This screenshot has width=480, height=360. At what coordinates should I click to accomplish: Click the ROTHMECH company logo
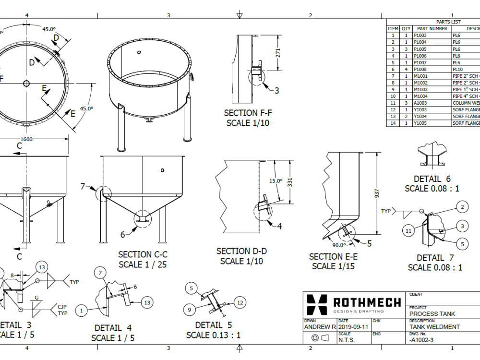pos(354,303)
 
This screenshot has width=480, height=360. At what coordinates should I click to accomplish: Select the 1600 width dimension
pos(26,139)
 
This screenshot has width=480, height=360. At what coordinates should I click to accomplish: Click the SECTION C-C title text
pos(143,254)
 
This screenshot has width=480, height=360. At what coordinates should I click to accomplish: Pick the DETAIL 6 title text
pos(432,179)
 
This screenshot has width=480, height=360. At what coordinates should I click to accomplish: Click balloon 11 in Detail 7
pos(408,231)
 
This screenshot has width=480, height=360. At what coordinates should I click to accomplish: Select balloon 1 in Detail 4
pos(82,311)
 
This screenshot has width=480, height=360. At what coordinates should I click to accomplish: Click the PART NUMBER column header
pos(432,28)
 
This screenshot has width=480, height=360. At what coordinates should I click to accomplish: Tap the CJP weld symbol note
pos(62,310)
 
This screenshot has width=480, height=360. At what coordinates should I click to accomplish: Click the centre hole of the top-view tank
pos(26,84)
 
